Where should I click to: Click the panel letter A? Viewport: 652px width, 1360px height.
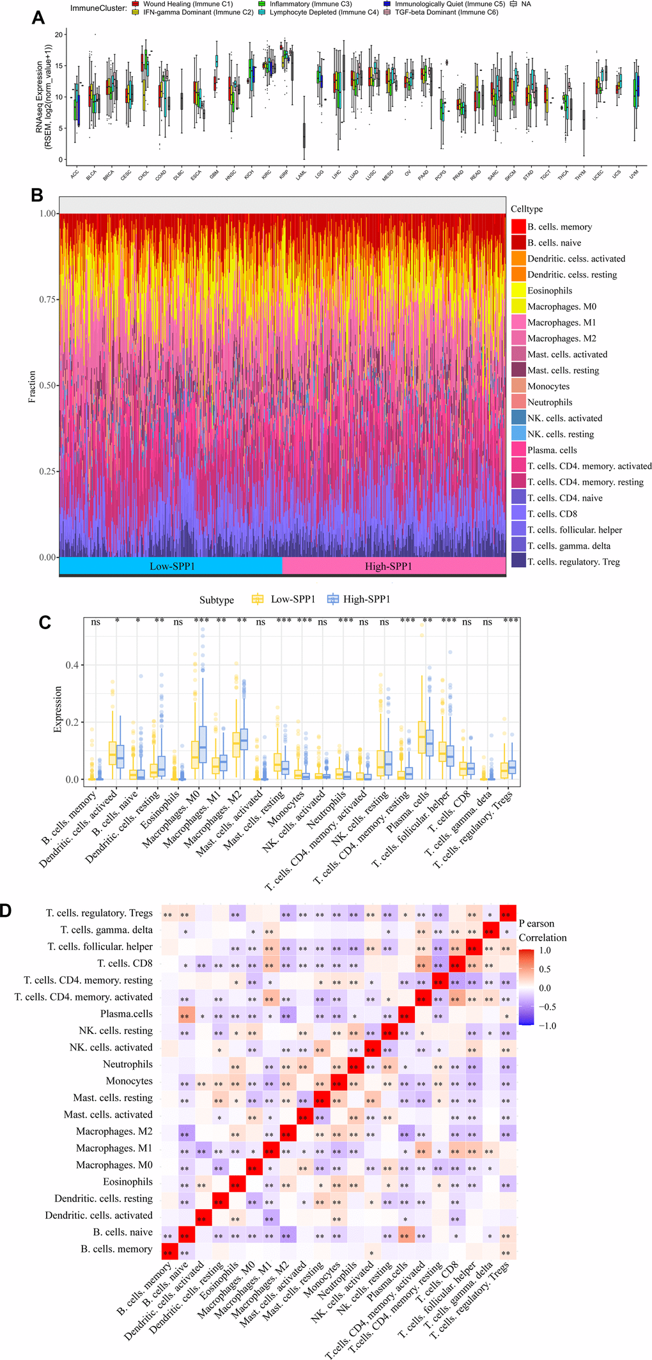point(38,18)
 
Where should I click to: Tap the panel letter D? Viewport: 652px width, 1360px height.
point(5,911)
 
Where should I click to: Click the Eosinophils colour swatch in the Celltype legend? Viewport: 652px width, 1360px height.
point(518,290)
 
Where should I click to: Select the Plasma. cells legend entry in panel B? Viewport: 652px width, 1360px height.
point(552,450)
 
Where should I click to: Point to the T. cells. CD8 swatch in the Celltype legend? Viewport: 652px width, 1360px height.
point(518,513)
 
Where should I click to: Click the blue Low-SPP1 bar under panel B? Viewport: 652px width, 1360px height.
point(171,566)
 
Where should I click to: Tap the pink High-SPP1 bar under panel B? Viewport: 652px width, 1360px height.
point(388,566)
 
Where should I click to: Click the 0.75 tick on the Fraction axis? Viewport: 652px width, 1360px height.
point(47,299)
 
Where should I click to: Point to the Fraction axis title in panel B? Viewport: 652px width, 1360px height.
point(32,386)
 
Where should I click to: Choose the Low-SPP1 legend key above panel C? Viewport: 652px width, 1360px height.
point(258,599)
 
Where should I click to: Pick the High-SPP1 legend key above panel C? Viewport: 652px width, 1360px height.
point(332,599)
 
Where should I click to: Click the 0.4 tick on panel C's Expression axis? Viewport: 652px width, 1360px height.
point(72,665)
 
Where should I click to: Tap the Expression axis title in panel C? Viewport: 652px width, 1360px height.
point(58,709)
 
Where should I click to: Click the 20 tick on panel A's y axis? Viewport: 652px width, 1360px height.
point(59,35)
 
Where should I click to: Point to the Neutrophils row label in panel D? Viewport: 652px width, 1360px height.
point(128,1064)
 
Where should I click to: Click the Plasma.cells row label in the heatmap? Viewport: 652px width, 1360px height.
point(127,1013)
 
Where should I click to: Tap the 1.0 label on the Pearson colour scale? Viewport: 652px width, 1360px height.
point(545,950)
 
